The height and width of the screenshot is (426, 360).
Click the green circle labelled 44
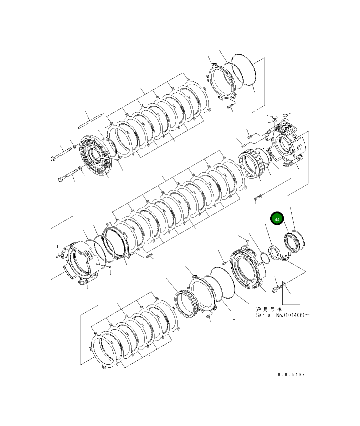pos(277,219)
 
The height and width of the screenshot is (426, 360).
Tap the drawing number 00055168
pos(291,375)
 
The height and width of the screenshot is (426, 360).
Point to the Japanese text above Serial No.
pos(269,309)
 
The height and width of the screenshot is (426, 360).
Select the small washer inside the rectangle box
pos(285,284)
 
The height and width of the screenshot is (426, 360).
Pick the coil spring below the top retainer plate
pos(230,107)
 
